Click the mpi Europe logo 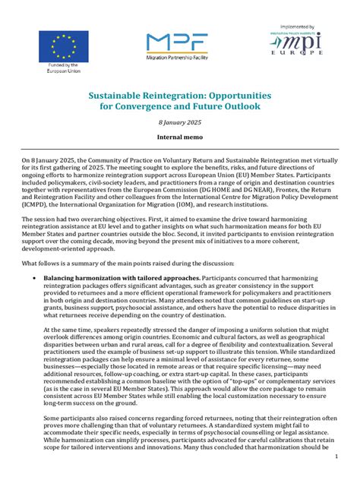tap(303, 49)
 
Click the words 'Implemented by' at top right tap(303, 24)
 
